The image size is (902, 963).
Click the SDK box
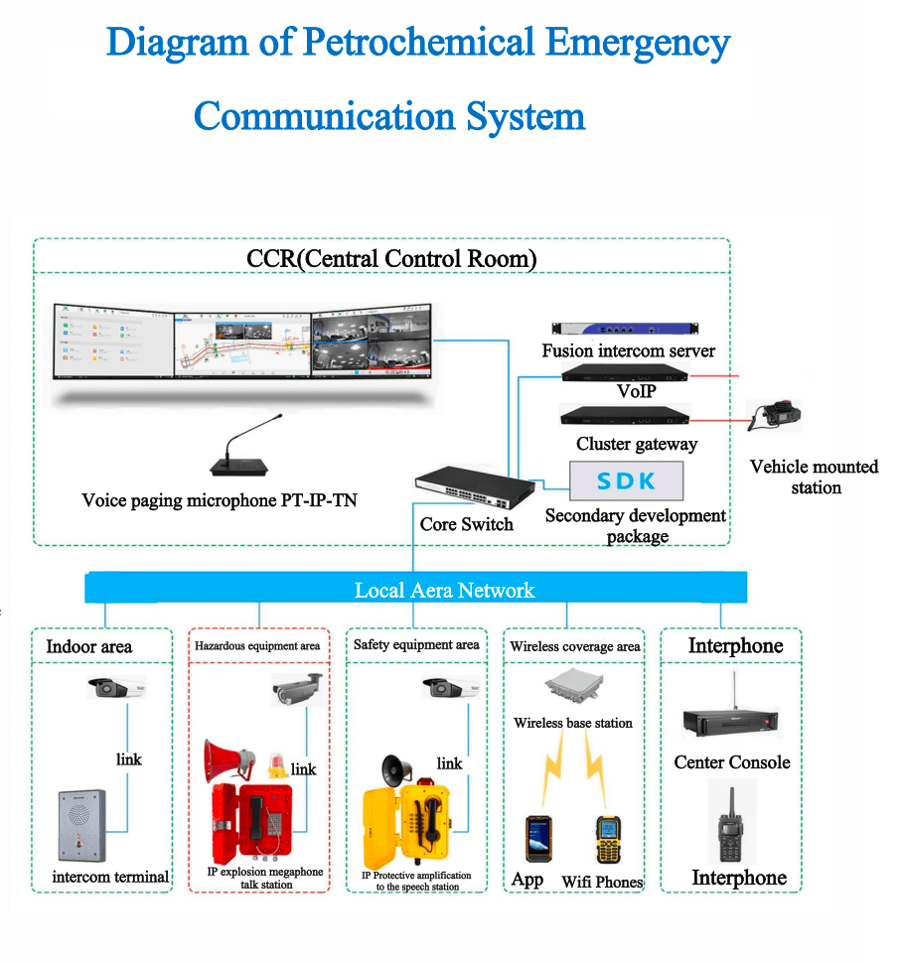click(626, 481)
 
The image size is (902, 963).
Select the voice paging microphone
click(234, 454)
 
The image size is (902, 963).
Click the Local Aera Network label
click(444, 591)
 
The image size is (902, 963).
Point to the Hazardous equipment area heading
click(257, 646)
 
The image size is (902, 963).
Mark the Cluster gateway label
click(636, 444)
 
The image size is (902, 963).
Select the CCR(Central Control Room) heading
click(391, 259)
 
